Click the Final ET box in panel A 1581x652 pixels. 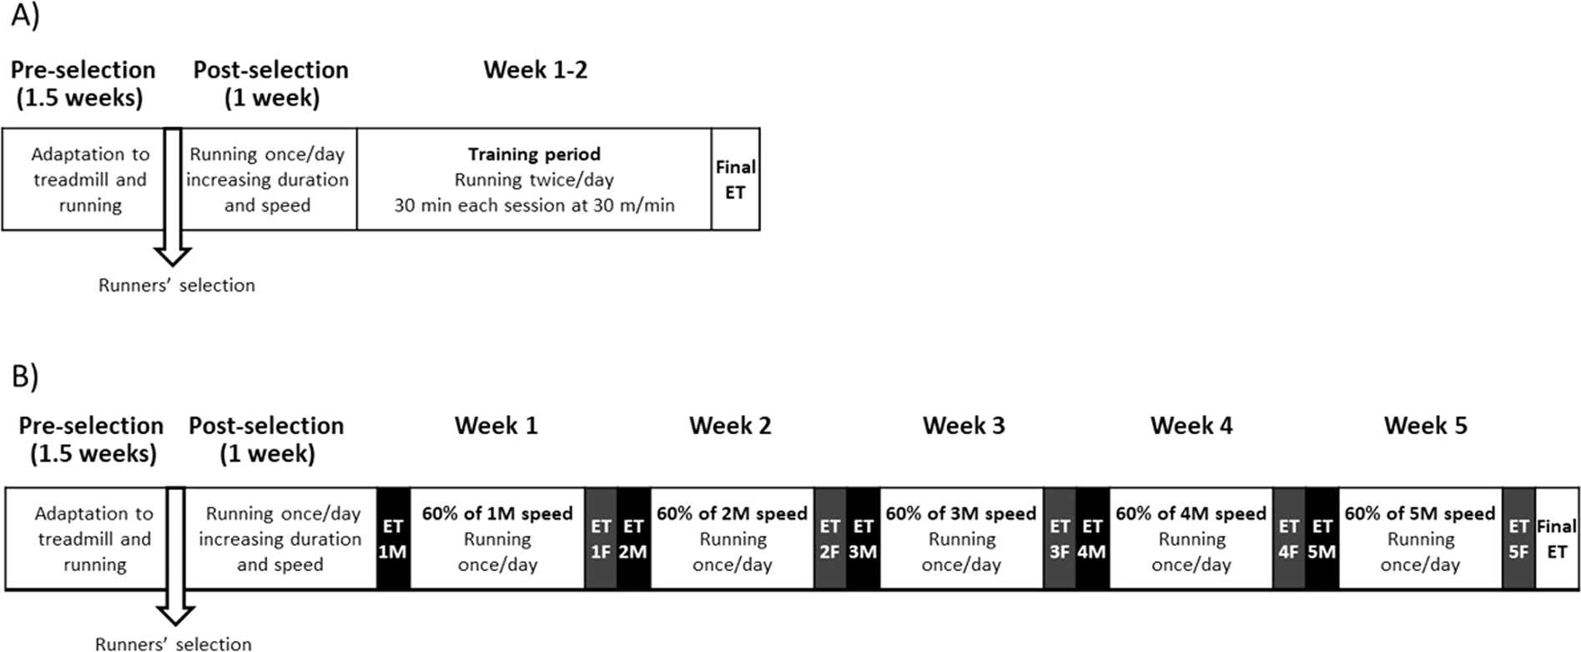pos(735,179)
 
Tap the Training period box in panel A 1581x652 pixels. pos(534,179)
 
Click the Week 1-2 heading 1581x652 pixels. pos(536,70)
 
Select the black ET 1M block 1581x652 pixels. pos(393,539)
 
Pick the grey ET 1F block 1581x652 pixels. pos(601,539)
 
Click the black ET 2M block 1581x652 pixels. pos(633,539)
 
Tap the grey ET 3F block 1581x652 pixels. pos(1060,539)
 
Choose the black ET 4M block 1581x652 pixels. pos(1092,539)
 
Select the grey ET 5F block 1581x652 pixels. pos(1518,539)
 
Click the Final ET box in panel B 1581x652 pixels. pos(1557,539)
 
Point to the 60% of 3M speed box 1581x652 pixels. pos(961,539)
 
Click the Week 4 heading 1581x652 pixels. pos(1191,426)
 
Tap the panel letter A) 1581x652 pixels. pos(24,17)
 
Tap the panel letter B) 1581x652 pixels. pos(24,377)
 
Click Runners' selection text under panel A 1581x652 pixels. pos(176,286)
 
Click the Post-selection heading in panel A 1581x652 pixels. pos(271,83)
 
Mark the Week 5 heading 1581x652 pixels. pos(1425,426)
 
